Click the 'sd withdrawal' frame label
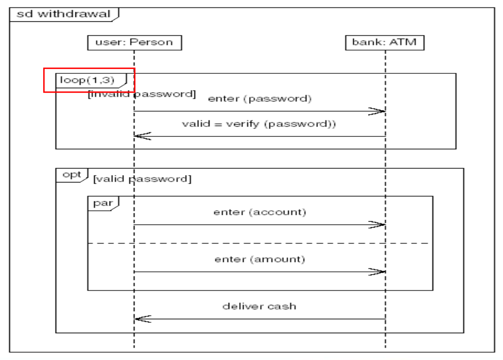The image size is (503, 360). (x=63, y=14)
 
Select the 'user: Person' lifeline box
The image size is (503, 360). (x=134, y=42)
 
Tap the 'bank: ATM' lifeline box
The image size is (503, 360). (x=384, y=42)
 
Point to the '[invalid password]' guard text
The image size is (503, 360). (x=142, y=94)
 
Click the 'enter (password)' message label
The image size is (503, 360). (x=259, y=99)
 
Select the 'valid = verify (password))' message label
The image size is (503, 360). (x=259, y=124)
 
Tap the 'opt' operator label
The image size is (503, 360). (x=72, y=175)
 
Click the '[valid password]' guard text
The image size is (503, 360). (x=142, y=179)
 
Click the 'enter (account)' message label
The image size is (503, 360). (x=259, y=212)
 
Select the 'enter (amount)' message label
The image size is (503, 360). (x=259, y=259)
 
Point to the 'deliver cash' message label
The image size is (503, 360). (x=259, y=306)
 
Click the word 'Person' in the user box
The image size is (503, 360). (x=151, y=42)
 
